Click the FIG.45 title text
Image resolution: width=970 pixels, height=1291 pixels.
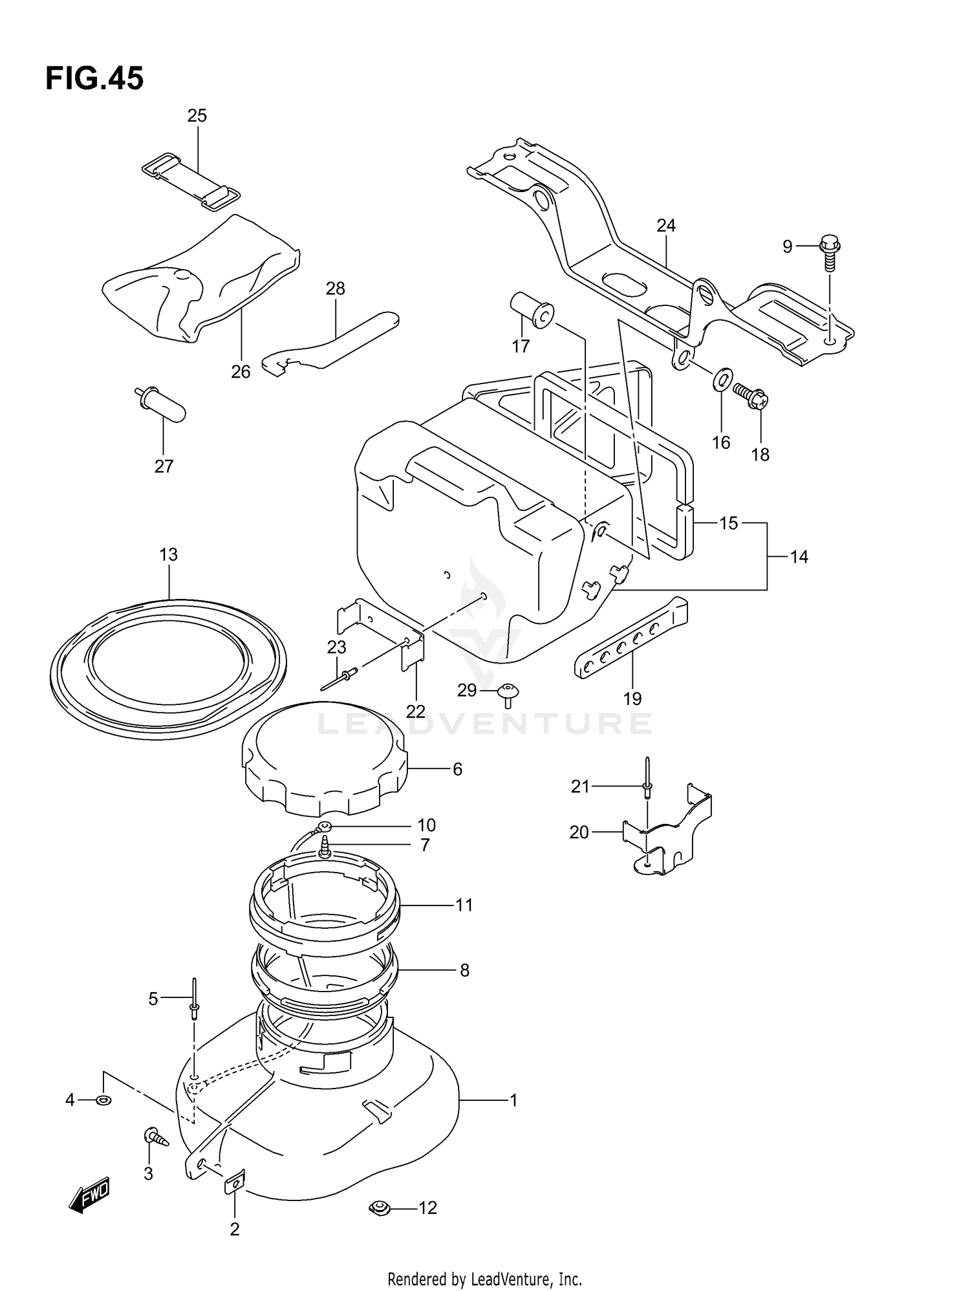(x=94, y=79)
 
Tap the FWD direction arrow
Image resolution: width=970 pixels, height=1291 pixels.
(x=89, y=1195)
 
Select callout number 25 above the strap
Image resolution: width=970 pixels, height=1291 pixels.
(x=197, y=116)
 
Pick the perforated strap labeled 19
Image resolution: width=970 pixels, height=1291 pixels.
(x=630, y=638)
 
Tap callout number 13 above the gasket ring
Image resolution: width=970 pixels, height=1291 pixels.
(x=169, y=554)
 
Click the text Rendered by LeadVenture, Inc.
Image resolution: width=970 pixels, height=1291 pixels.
(x=484, y=1279)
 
